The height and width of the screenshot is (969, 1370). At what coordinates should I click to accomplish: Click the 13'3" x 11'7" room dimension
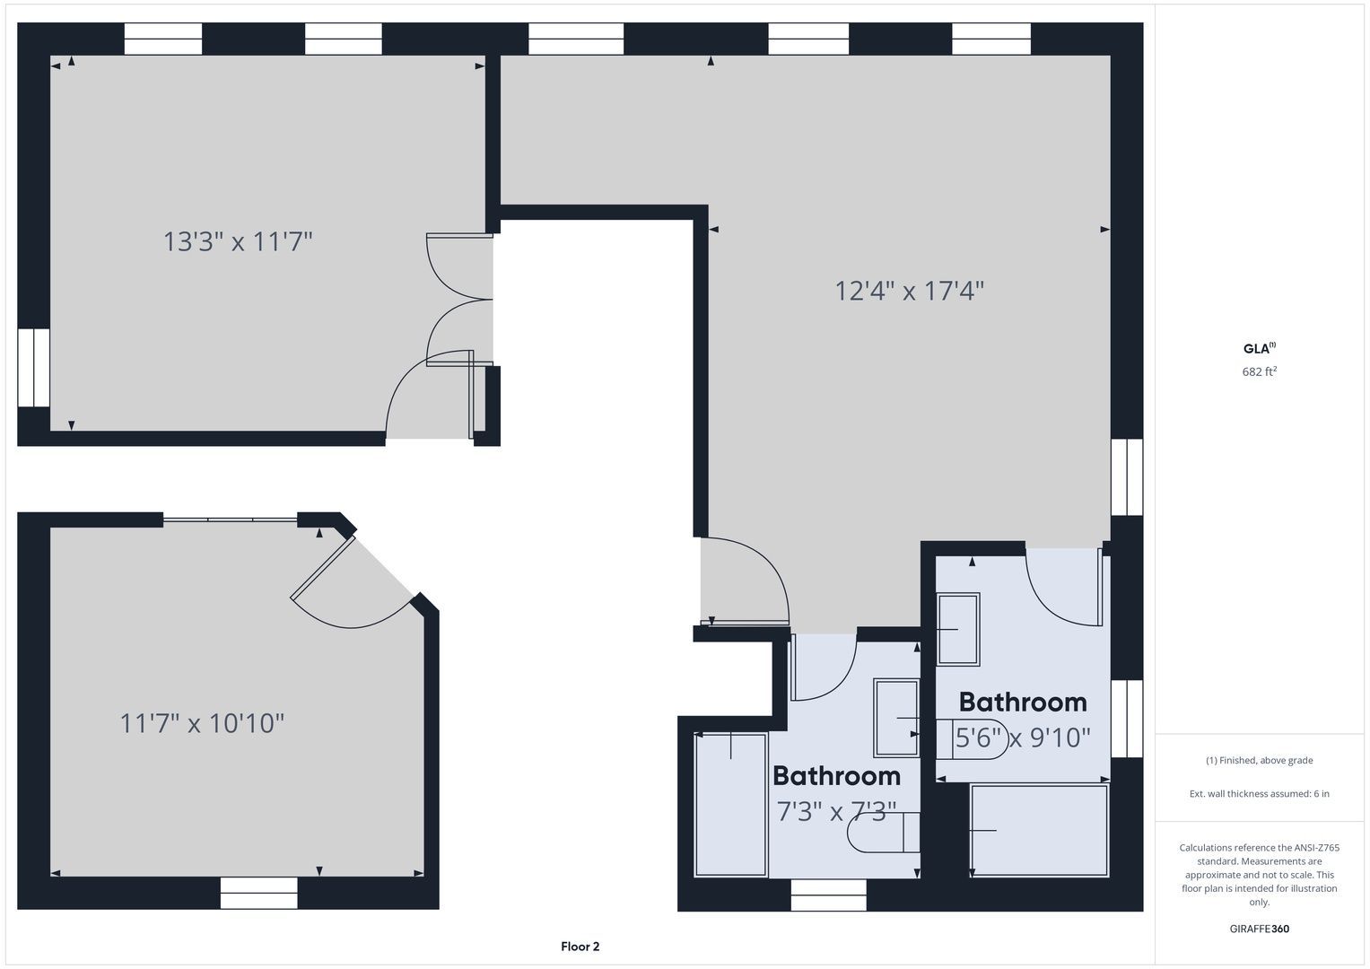(238, 241)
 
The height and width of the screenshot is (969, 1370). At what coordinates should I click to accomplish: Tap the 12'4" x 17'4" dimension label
(910, 291)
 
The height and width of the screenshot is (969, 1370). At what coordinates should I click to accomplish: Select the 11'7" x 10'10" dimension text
(203, 723)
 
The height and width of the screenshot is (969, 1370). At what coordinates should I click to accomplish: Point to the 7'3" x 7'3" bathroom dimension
(836, 811)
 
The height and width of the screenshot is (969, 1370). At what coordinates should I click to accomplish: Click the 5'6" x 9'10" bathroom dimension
(1023, 738)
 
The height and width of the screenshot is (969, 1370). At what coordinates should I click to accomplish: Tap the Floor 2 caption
(580, 947)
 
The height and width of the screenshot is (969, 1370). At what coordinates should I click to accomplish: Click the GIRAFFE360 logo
(1260, 929)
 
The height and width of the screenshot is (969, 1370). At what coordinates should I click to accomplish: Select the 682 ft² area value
(1260, 371)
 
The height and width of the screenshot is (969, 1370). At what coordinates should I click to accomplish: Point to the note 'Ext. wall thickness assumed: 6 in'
(1260, 793)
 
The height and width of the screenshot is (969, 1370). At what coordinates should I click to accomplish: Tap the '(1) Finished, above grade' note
(1260, 761)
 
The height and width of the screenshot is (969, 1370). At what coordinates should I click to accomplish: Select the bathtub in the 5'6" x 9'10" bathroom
(1039, 831)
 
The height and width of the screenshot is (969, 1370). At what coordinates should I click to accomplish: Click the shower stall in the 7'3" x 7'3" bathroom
(731, 805)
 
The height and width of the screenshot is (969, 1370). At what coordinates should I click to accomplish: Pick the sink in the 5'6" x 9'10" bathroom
(958, 629)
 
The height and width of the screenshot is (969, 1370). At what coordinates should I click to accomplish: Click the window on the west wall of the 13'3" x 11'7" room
(33, 368)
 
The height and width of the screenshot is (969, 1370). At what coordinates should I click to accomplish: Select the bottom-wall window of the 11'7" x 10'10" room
(258, 893)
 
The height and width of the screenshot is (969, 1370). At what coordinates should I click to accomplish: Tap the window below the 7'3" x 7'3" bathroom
(828, 895)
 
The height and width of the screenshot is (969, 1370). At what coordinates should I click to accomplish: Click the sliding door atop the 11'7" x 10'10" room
(230, 520)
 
